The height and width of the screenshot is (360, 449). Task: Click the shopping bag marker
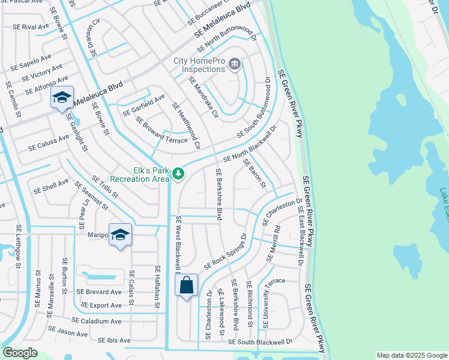186,285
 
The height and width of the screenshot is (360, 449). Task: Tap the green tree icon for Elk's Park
178,174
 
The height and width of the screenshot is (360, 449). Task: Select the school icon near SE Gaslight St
62,98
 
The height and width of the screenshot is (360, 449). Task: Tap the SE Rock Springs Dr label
225,251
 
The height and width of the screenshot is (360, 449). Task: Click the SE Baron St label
255,173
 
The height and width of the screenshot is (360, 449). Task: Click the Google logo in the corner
20,353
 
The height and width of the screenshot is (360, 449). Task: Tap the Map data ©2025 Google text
411,355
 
